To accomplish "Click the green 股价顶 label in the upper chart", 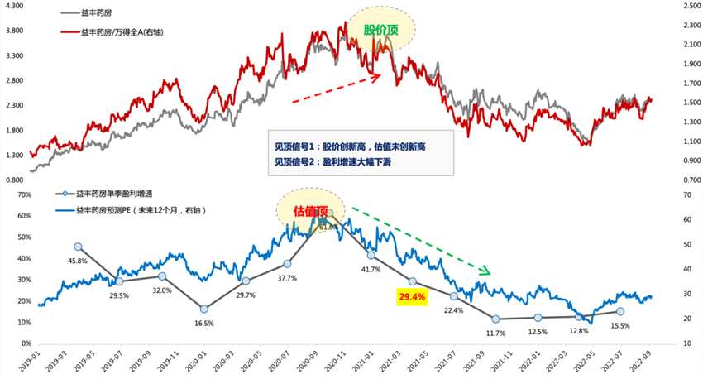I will (380, 31).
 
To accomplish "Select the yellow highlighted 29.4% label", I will (411, 296).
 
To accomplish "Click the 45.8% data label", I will (79, 261).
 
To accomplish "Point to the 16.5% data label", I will (203, 325).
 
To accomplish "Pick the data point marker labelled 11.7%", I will (495, 319).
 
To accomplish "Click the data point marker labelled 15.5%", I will (620, 311).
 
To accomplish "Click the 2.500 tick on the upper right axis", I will (690, 7).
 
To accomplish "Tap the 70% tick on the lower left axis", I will (19, 195).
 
